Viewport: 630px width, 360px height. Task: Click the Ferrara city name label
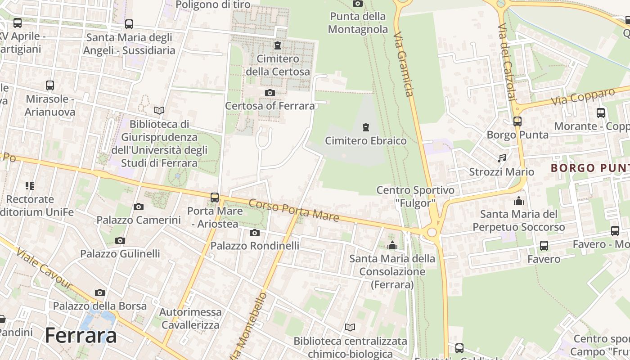(x=81, y=336)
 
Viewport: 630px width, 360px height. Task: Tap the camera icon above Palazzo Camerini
(x=139, y=207)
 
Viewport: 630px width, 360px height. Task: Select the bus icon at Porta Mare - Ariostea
(x=215, y=197)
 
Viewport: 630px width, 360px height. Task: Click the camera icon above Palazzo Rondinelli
(x=255, y=233)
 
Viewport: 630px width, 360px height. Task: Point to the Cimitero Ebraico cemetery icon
(x=366, y=127)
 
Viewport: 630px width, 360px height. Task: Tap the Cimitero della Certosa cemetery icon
(x=278, y=45)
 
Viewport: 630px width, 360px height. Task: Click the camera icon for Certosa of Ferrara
(x=270, y=93)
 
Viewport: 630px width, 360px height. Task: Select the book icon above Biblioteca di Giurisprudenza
(x=159, y=110)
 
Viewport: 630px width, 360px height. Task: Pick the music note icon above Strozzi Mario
(x=502, y=158)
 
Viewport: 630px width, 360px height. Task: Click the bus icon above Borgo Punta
(x=517, y=121)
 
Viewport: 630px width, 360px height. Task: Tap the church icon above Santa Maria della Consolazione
(x=392, y=245)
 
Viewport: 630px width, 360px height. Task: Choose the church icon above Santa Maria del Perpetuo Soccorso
(x=519, y=201)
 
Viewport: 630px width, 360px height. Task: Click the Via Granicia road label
(x=403, y=64)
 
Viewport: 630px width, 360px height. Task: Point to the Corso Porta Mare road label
(x=293, y=210)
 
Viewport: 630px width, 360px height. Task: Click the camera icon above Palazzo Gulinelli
(x=120, y=240)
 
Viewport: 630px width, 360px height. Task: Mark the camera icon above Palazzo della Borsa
(x=100, y=292)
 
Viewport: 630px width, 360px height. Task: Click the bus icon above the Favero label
(x=544, y=245)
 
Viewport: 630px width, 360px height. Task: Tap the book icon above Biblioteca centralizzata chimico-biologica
(x=350, y=327)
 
